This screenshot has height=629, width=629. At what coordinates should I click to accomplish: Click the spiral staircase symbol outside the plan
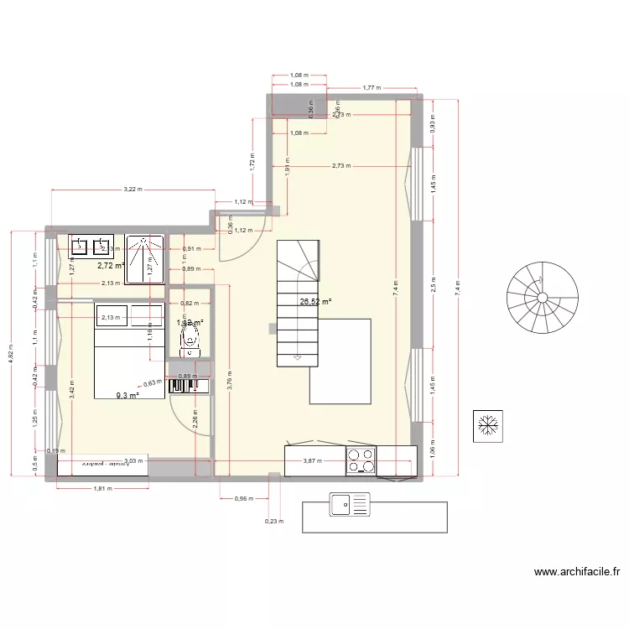(542, 297)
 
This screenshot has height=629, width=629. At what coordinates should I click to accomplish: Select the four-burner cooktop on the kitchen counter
(361, 460)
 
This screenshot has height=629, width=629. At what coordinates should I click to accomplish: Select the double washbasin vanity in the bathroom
(91, 246)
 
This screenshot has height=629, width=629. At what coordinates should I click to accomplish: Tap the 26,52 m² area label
(316, 303)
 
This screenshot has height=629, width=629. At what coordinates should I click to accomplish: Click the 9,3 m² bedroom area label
(127, 394)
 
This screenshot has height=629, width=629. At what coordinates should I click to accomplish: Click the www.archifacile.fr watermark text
(577, 574)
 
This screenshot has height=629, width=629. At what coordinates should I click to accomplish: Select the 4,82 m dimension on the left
(11, 353)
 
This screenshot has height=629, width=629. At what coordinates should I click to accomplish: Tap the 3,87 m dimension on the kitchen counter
(312, 460)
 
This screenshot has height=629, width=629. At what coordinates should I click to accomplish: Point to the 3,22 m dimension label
(133, 190)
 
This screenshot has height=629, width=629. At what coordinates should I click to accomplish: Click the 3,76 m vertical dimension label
(230, 380)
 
